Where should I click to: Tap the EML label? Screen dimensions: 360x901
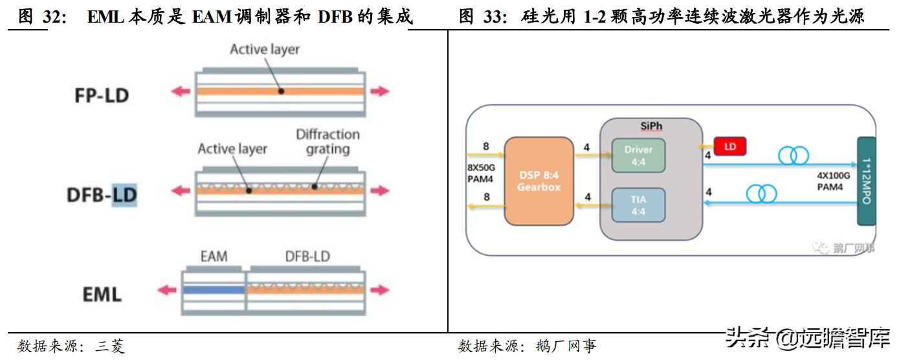pos(102,294)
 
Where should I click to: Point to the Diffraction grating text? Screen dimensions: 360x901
pos(328,142)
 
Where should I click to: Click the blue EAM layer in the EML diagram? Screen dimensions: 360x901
pos(214,290)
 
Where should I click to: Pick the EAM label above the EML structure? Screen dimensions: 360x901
pos(214,256)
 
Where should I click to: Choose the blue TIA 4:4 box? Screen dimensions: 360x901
pos(638,205)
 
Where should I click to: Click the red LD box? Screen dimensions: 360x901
pos(729,146)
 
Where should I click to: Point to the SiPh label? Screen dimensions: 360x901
pos(651,126)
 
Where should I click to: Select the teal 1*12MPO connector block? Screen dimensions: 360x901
pos(866,181)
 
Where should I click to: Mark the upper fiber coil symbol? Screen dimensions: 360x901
pos(793,155)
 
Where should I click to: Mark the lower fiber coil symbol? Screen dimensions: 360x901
pos(761,194)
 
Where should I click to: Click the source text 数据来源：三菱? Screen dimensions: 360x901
pos(71,346)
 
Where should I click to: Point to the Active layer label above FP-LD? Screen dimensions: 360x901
pos(265,49)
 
